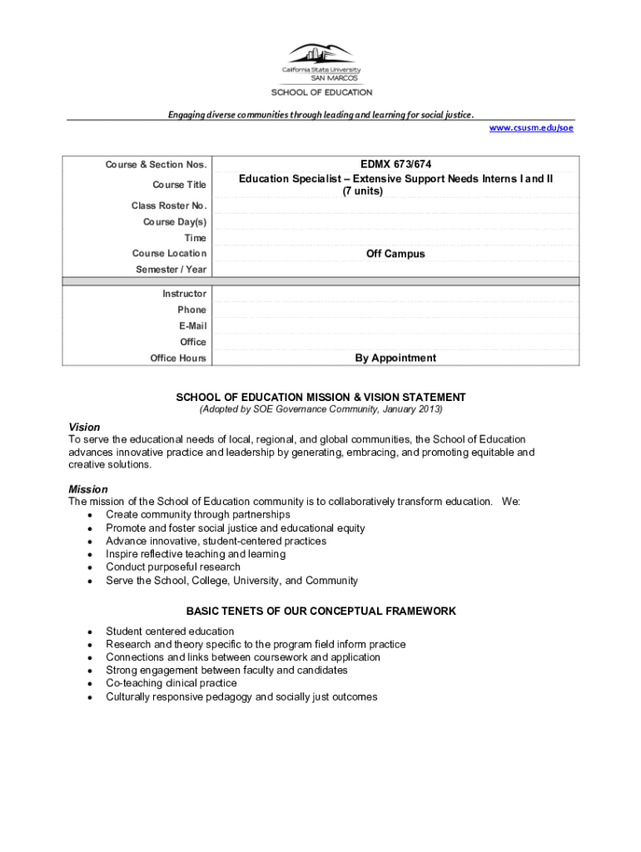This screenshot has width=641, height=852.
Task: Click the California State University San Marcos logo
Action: coord(320,62)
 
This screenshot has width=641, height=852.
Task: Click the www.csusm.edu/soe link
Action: coord(531,128)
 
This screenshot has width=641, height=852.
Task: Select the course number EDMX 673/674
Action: coord(395,165)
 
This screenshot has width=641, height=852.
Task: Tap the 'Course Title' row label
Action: coord(179,185)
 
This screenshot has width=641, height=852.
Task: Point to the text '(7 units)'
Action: coord(362,191)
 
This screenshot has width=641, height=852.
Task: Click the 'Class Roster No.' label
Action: coord(169,206)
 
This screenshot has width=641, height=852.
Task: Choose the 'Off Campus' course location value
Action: coord(395,254)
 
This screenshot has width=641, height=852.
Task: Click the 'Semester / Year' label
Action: coord(171,270)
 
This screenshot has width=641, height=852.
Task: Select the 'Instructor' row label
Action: coord(185,294)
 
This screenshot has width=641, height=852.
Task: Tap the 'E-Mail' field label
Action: coord(192,326)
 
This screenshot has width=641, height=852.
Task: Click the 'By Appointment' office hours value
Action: coord(395,358)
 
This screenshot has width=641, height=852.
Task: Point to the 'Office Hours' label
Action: coord(178,358)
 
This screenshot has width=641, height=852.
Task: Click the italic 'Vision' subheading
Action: coord(84,427)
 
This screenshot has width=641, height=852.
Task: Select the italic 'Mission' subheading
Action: coord(88,489)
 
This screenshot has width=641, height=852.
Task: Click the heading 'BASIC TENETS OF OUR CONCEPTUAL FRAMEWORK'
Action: coord(320,611)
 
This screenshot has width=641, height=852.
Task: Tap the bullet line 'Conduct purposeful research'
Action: coord(173,567)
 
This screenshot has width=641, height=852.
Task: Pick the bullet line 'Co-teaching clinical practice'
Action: coord(171,683)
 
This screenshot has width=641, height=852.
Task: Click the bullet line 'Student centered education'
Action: coord(170,632)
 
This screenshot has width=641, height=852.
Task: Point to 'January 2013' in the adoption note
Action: coord(412,410)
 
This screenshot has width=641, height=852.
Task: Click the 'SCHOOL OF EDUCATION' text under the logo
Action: coord(321,92)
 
